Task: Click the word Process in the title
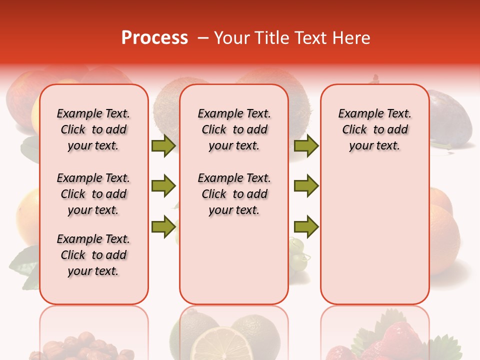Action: pyautogui.click(x=154, y=38)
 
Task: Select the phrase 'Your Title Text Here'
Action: pyautogui.click(x=292, y=38)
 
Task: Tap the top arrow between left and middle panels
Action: pyautogui.click(x=163, y=145)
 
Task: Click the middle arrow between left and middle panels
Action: pyautogui.click(x=163, y=186)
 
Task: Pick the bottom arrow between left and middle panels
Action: pyautogui.click(x=163, y=226)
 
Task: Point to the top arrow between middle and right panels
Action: pyautogui.click(x=306, y=145)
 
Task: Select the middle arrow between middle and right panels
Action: pyautogui.click(x=306, y=186)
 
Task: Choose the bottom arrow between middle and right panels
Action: pyautogui.click(x=306, y=226)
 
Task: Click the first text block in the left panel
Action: pyautogui.click(x=93, y=129)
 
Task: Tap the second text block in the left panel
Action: pyautogui.click(x=93, y=194)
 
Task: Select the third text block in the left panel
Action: pyautogui.click(x=93, y=255)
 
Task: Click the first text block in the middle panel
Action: pyautogui.click(x=234, y=129)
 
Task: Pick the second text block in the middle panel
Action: pyautogui.click(x=234, y=194)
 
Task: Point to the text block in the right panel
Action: pyautogui.click(x=375, y=129)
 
